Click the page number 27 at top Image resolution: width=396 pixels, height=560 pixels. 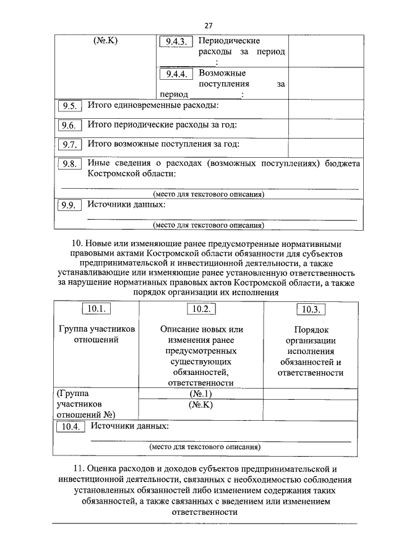point(209,25)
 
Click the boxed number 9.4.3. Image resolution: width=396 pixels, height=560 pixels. point(176,42)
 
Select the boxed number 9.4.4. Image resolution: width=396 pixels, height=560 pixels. point(176,75)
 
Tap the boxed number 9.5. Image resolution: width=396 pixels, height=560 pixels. point(68,106)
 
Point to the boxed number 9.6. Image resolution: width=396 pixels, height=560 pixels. point(68,126)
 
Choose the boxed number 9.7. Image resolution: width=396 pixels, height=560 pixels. point(68,146)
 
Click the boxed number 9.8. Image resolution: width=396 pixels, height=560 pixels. point(68,165)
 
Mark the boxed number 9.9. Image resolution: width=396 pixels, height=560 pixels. point(68,206)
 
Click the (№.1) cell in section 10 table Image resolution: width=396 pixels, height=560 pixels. point(201,394)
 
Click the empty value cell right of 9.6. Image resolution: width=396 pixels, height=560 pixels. point(324,126)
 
